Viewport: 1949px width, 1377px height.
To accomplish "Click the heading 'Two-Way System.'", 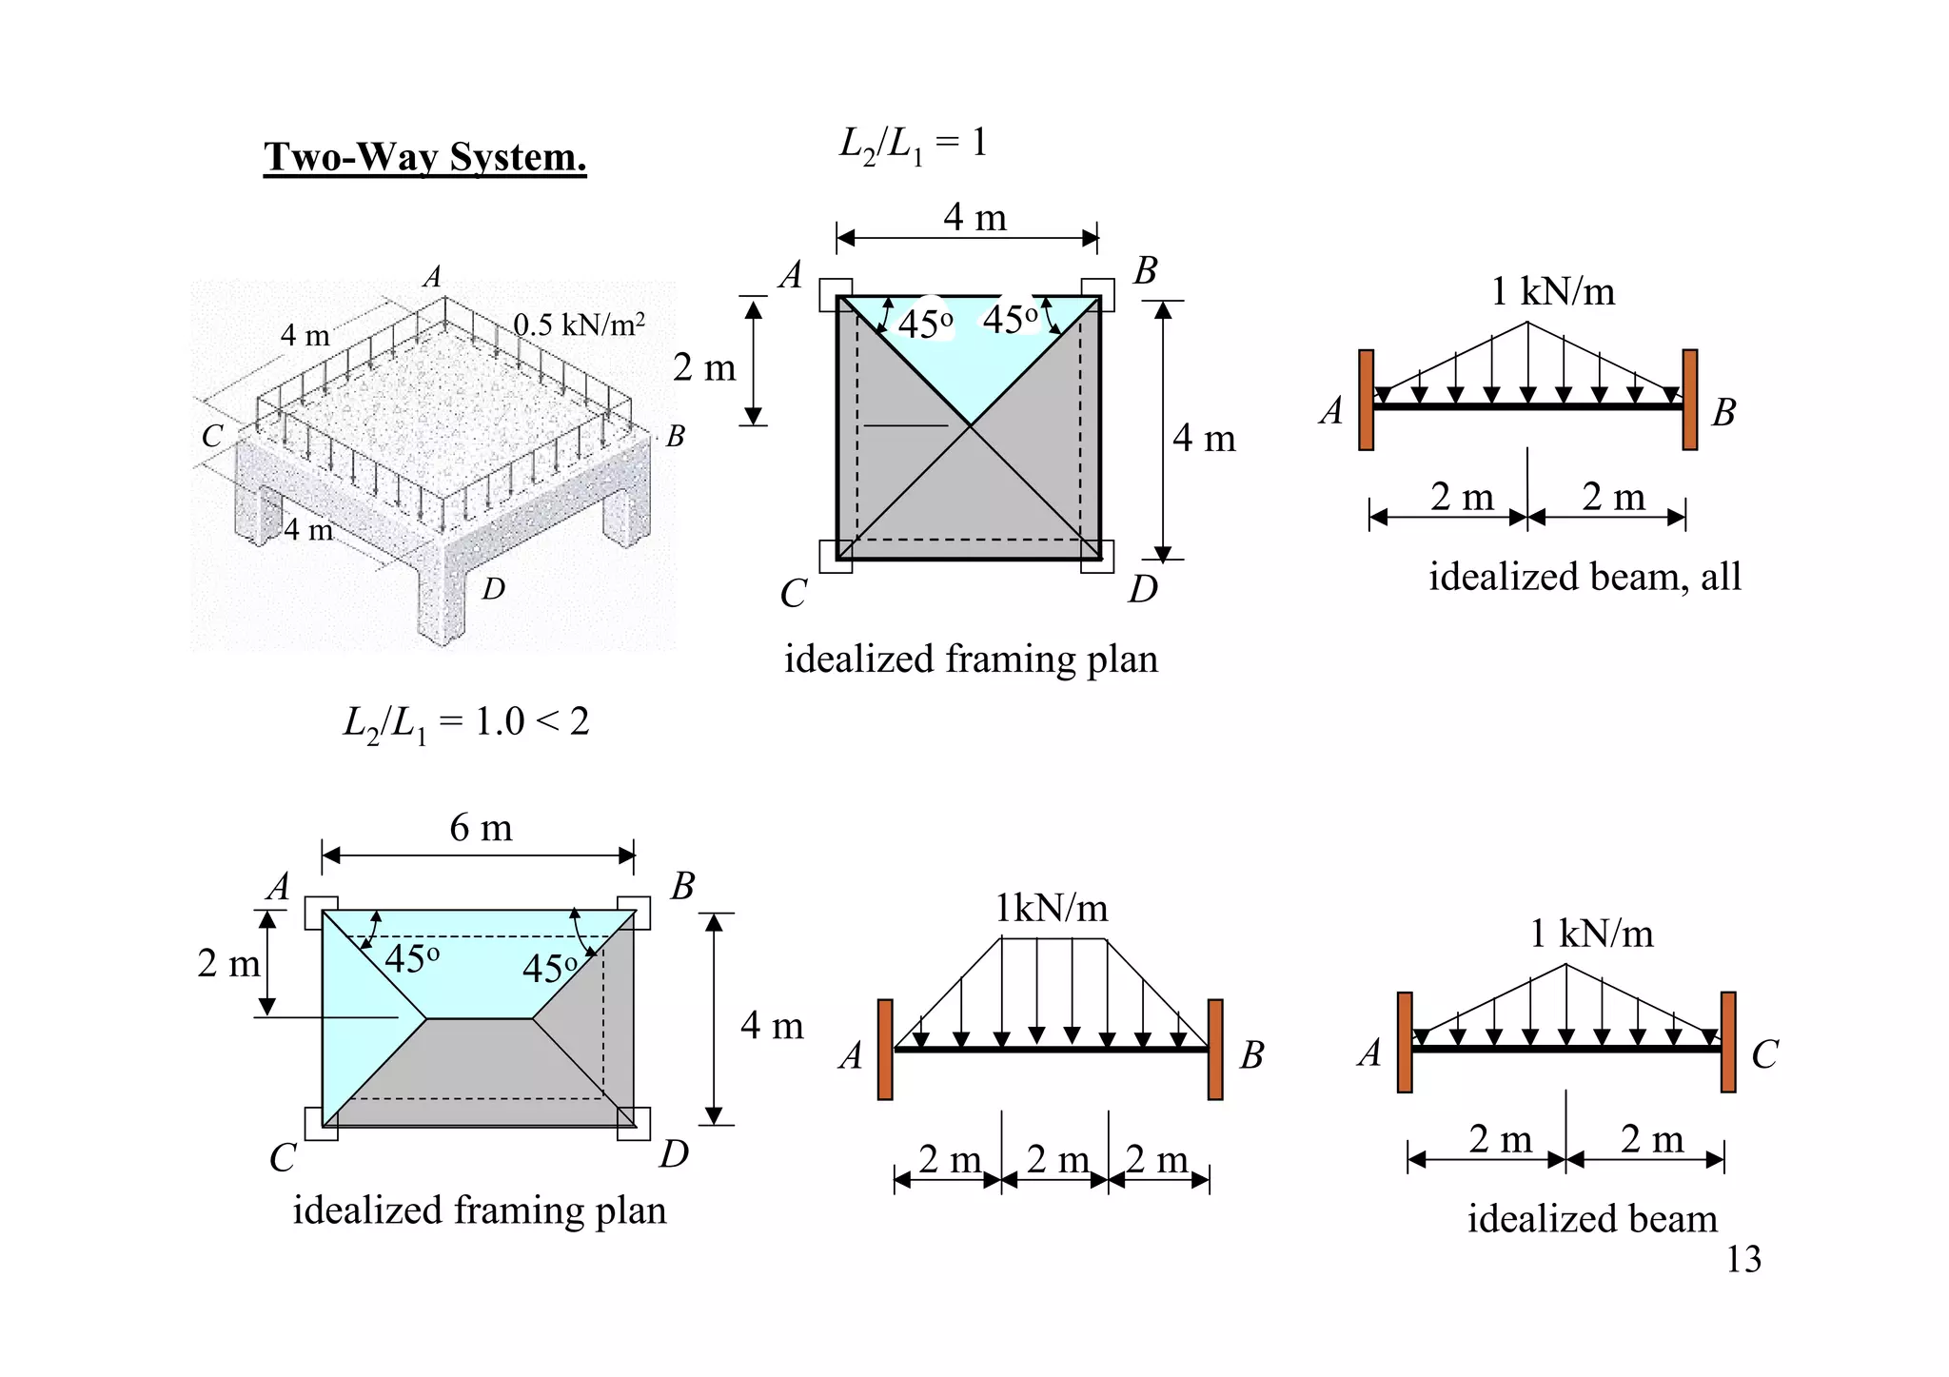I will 424,157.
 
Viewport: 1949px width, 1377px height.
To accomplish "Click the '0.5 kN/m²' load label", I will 579,325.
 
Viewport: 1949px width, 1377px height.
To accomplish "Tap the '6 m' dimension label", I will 481,828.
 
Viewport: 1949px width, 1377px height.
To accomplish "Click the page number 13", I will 1743,1259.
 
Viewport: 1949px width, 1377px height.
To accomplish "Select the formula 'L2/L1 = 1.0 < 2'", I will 465,723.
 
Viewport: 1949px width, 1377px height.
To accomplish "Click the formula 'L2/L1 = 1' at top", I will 913,144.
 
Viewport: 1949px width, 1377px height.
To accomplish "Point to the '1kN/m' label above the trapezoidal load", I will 1051,908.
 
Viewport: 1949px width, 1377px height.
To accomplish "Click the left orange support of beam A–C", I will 1405,1042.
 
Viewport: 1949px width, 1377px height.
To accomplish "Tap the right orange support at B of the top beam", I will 1690,400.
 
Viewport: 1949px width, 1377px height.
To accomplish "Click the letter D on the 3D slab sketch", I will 493,590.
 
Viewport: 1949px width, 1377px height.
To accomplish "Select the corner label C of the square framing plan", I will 793,594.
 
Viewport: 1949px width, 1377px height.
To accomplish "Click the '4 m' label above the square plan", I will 974,217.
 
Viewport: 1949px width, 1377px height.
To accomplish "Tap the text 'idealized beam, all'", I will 1585,577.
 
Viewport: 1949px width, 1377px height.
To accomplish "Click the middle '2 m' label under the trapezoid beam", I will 1057,1159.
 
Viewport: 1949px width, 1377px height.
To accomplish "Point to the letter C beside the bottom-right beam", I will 1764,1054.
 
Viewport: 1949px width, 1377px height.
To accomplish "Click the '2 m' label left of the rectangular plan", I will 228,963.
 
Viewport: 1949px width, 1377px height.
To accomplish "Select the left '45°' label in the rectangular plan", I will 412,958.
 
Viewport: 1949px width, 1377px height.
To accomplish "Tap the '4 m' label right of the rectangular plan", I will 772,1026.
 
